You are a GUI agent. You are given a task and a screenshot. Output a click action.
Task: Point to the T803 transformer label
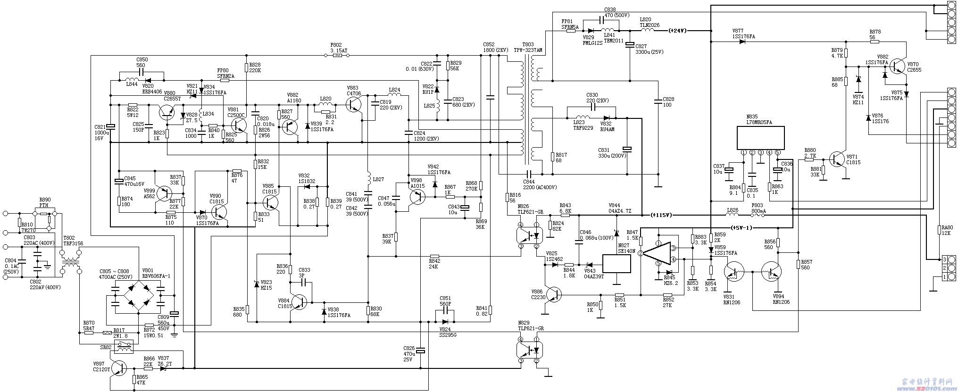(x=528, y=47)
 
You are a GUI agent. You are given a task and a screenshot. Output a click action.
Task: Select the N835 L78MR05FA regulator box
(x=760, y=137)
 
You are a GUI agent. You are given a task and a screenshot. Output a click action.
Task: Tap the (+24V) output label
(x=678, y=31)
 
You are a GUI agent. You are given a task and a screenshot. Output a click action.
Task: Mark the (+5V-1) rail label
(x=741, y=227)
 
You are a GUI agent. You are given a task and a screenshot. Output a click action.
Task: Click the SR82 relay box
(x=125, y=347)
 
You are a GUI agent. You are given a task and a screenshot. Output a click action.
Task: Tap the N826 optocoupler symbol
(x=529, y=235)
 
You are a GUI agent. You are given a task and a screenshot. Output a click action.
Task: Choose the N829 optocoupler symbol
(x=529, y=350)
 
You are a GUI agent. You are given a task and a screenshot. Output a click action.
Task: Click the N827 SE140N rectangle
(x=617, y=264)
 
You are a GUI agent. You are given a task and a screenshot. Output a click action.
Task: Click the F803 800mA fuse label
(x=757, y=208)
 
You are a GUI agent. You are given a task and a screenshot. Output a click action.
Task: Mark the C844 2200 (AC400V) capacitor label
(x=535, y=184)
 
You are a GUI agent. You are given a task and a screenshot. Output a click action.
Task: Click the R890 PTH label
(x=45, y=202)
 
